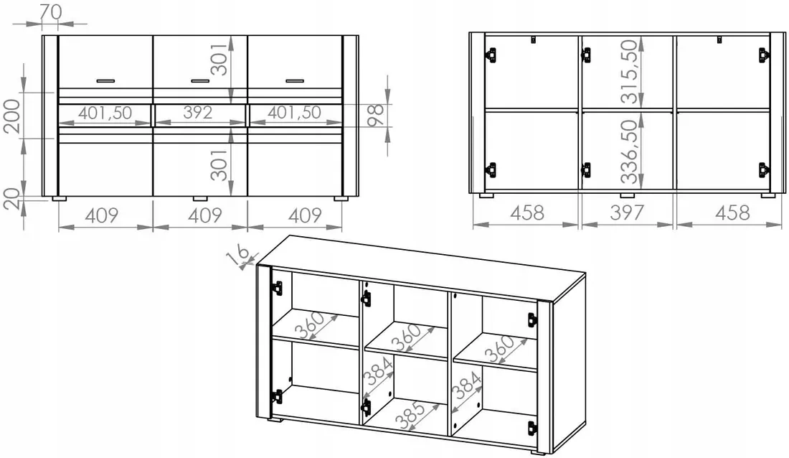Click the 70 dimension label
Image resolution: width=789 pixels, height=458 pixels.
pyautogui.click(x=51, y=11)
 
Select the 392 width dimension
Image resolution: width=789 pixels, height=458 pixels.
pyautogui.click(x=198, y=112)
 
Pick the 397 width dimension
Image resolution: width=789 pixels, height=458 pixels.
pyautogui.click(x=626, y=212)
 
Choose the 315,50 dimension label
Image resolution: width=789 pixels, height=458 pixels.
pyautogui.click(x=629, y=72)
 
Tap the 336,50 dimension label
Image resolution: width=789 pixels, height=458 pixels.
pyautogui.click(x=629, y=151)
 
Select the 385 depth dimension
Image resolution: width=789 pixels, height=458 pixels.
pyautogui.click(x=410, y=414)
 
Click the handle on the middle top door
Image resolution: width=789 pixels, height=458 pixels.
pyautogui.click(x=200, y=80)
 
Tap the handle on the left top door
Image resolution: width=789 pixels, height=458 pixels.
pyautogui.click(x=105, y=80)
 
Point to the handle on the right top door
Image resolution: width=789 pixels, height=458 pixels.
pyautogui.click(x=295, y=80)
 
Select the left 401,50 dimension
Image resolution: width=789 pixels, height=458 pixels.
pyautogui.click(x=105, y=112)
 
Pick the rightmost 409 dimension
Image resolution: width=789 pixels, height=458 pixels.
pyautogui.click(x=305, y=215)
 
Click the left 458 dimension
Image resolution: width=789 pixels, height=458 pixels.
pyautogui.click(x=527, y=212)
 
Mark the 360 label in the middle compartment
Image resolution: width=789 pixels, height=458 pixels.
pyautogui.click(x=407, y=337)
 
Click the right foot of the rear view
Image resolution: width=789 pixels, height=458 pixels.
pyautogui.click(x=768, y=195)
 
